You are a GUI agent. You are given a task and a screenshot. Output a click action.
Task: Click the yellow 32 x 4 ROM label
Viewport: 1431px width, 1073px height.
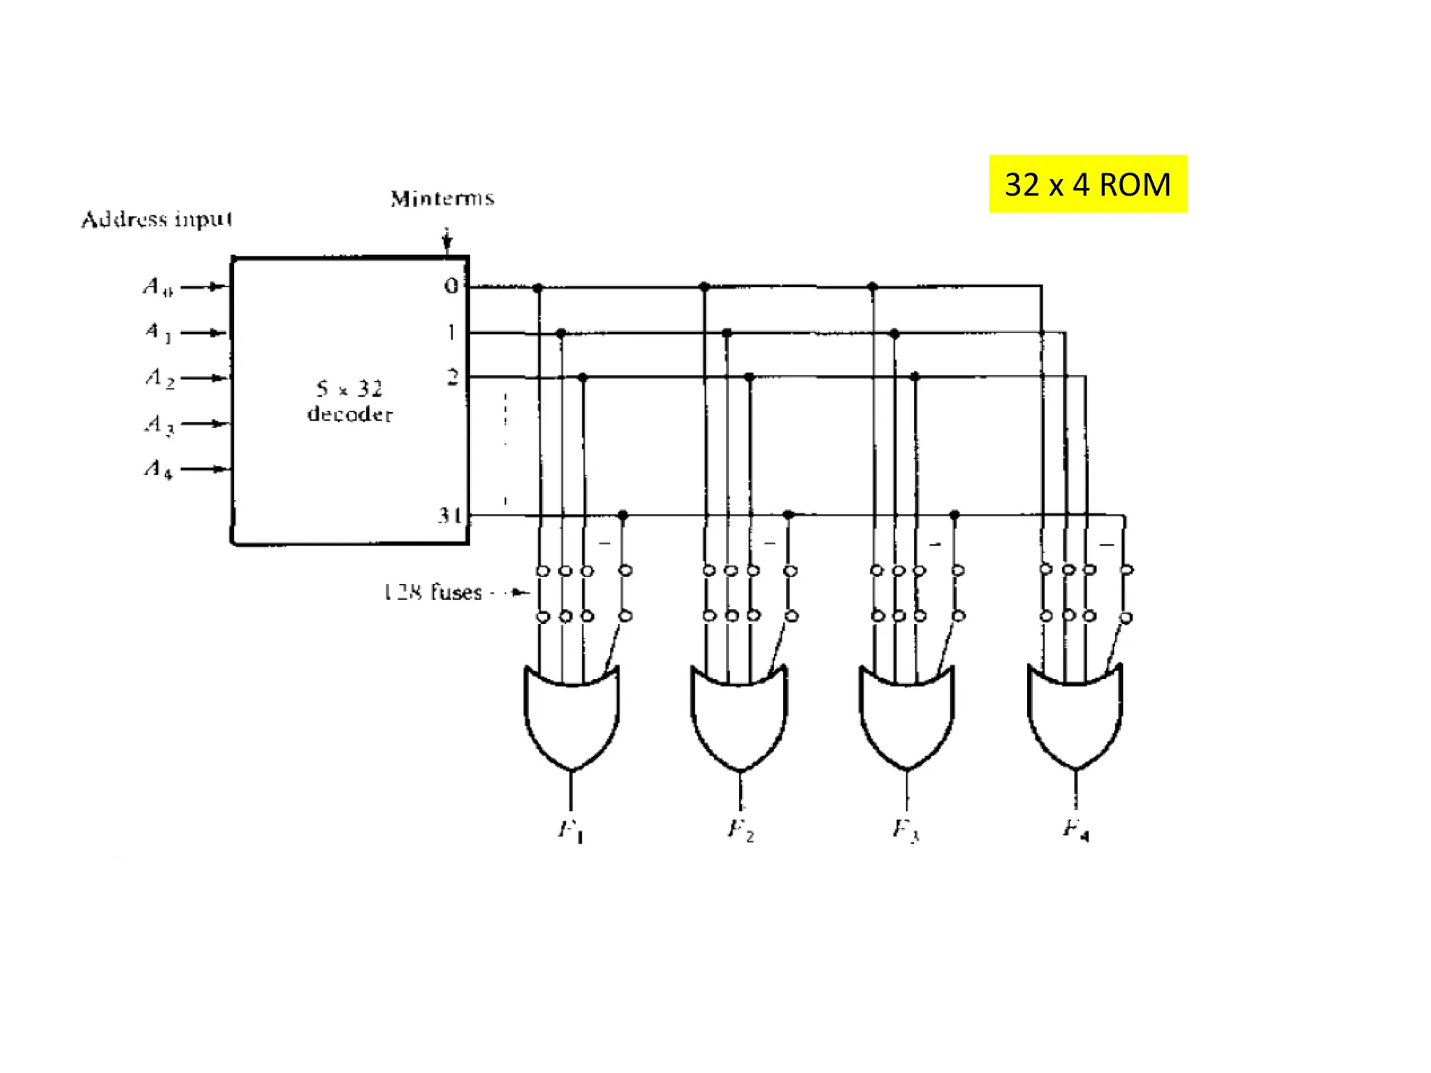1087,184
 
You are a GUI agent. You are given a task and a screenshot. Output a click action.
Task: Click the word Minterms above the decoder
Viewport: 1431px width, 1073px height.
442,198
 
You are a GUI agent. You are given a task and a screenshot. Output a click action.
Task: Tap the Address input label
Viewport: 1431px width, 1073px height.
157,219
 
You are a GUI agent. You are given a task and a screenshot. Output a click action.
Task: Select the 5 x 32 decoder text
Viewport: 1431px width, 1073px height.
349,401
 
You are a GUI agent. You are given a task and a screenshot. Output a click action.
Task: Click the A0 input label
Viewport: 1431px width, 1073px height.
158,286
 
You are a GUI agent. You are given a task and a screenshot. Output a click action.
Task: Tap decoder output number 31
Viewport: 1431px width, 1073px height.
449,516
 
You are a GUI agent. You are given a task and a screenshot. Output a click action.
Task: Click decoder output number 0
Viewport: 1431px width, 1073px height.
451,286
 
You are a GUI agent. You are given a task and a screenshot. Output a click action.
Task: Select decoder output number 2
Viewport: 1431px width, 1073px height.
453,378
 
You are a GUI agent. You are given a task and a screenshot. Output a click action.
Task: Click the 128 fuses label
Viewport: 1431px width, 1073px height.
433,592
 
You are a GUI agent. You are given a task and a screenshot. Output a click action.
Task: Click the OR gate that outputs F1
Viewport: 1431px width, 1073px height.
572,716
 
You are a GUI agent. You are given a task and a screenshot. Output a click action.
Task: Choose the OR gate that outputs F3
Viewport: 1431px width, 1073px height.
906,716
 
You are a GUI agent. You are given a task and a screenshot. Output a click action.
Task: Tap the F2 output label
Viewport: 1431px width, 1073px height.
741,830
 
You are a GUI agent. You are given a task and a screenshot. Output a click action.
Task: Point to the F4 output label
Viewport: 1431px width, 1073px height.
1075,830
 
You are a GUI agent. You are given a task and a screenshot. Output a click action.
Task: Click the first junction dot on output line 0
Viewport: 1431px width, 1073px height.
537,288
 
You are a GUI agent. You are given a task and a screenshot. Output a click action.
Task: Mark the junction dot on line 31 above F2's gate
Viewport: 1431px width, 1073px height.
788,515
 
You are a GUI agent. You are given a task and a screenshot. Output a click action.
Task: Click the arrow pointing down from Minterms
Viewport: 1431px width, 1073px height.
447,240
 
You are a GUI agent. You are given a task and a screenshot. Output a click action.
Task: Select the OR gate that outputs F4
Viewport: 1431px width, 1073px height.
1075,716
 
